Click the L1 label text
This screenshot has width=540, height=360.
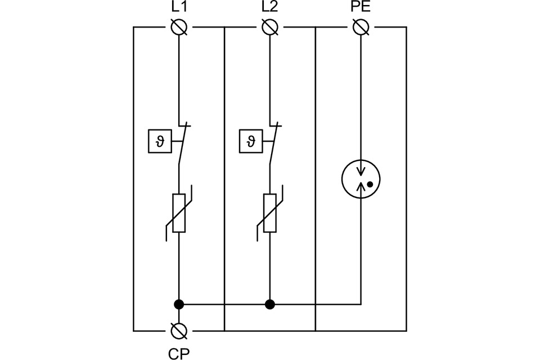tap(178, 7)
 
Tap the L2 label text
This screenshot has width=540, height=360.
tap(270, 7)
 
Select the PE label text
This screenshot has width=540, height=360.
tap(360, 7)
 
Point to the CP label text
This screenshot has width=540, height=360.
tap(178, 352)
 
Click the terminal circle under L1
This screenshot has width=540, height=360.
tap(179, 27)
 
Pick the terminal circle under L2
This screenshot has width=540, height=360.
tap(270, 27)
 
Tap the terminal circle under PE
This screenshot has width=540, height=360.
tap(361, 27)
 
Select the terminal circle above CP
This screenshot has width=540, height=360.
tap(179, 330)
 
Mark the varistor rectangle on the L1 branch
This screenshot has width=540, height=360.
tap(179, 213)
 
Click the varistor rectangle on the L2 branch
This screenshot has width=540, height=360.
tap(270, 213)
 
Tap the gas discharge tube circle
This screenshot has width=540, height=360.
tap(361, 180)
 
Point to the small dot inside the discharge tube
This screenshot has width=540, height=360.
tap(370, 184)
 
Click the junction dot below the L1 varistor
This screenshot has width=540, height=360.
tap(179, 304)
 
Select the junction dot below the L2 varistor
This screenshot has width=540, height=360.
tap(270, 304)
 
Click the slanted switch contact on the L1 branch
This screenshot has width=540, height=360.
tap(183, 145)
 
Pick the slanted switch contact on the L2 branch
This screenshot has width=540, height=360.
tap(275, 145)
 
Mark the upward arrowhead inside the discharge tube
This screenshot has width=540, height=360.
tap(361, 186)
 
